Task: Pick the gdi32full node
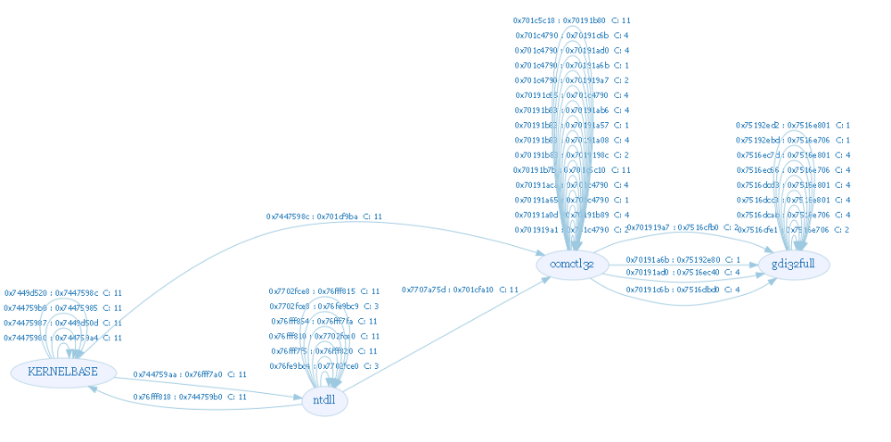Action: tap(794, 265)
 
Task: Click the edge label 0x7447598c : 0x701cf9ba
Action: tap(324, 217)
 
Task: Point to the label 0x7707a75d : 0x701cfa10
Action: tap(460, 290)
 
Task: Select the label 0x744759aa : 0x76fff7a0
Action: tap(190, 374)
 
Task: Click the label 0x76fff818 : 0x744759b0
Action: tap(190, 397)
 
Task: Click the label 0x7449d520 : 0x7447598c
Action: tap(63, 293)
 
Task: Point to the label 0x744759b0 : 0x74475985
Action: tap(63, 308)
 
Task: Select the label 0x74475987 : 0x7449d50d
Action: tap(63, 323)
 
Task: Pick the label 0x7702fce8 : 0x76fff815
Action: tap(324, 291)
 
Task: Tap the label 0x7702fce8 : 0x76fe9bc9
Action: tap(324, 307)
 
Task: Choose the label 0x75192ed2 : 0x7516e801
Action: tap(793, 126)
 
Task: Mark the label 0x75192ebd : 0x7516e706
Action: tap(793, 141)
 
